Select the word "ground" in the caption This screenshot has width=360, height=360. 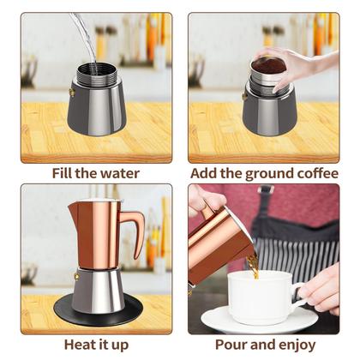(255, 172)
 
